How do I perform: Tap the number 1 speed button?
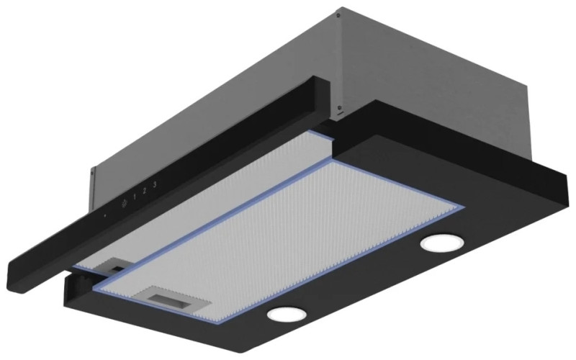click(x=135, y=197)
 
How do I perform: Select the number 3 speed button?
click(x=155, y=184)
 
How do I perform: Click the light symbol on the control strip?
click(x=124, y=202)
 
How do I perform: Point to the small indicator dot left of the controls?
click(x=104, y=215)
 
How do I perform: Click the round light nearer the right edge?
click(x=442, y=243)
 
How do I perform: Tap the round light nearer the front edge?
click(x=287, y=314)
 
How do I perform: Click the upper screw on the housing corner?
click(x=338, y=15)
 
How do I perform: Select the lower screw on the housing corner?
click(x=339, y=107)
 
